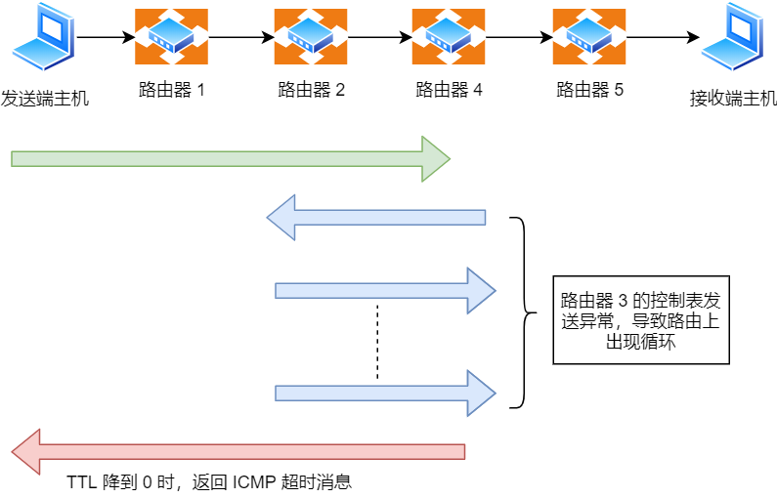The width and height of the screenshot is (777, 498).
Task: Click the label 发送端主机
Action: point(45,98)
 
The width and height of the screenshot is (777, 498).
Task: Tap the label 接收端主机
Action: point(733,98)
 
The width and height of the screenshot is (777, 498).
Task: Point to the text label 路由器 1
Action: point(171,91)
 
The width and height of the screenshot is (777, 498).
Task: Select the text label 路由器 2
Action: point(311,91)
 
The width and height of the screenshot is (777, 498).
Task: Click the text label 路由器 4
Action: point(449,91)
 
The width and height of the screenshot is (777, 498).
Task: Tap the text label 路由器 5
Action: point(589,91)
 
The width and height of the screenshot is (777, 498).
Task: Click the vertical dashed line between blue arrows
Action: point(377,342)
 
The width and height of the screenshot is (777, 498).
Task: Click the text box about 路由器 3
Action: point(641,319)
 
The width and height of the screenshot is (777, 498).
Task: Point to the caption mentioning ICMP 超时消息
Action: point(208,482)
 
